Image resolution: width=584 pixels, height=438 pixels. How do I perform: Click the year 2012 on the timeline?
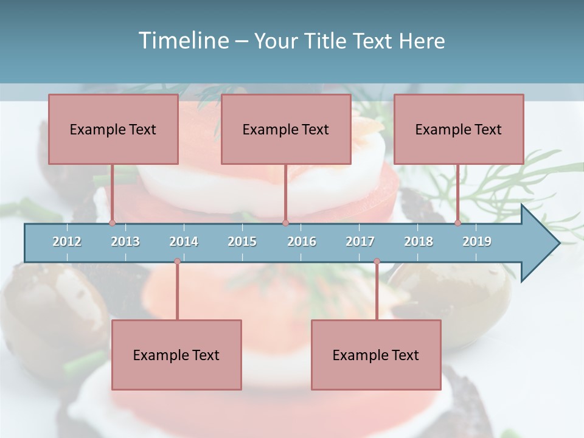(67, 242)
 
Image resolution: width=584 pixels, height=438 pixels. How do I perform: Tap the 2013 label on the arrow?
(125, 242)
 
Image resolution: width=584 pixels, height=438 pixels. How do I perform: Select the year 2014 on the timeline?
(184, 242)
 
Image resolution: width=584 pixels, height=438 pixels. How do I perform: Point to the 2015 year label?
(242, 242)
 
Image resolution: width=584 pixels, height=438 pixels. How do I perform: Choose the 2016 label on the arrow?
(302, 242)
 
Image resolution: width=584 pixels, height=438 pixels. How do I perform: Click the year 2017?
(360, 242)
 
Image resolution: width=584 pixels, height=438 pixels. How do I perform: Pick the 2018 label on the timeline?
(419, 242)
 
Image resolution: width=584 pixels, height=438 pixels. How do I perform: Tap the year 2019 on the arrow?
(477, 242)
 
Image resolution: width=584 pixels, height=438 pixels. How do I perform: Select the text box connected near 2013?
(113, 129)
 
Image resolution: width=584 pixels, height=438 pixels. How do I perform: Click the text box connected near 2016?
(286, 129)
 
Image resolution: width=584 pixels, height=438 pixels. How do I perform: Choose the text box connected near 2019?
(459, 129)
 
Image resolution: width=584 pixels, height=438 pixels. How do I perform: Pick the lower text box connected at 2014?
(176, 355)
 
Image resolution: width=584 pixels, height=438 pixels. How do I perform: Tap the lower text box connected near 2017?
(376, 355)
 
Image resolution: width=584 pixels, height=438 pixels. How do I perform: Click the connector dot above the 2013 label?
(113, 223)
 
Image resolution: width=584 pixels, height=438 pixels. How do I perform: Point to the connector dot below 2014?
(177, 262)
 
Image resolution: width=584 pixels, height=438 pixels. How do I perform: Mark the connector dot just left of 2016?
(285, 223)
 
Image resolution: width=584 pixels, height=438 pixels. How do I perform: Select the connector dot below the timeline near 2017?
(377, 262)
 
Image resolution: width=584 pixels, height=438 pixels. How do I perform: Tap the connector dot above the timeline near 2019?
(458, 223)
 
